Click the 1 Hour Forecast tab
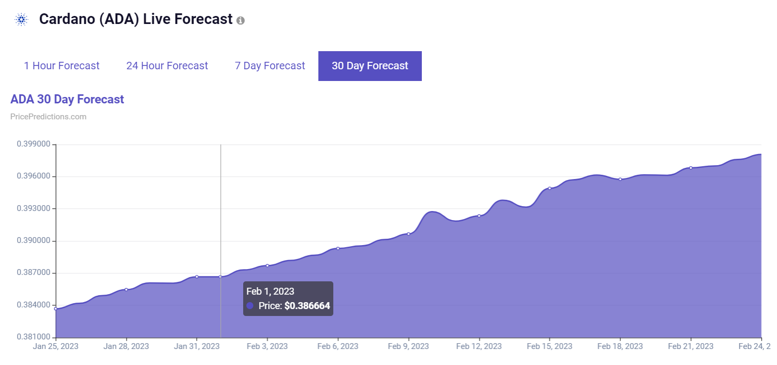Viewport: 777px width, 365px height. pos(61,66)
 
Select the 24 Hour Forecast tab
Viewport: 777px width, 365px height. pos(167,66)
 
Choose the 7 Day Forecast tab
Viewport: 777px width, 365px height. pos(270,66)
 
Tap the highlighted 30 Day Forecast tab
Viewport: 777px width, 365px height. pos(370,66)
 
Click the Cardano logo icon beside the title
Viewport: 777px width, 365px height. pos(21,20)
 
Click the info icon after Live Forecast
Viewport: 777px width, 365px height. pos(241,21)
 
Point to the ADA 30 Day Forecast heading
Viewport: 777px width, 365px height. pos(67,100)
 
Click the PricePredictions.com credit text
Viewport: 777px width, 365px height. pos(48,117)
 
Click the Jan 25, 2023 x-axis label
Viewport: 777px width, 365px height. pos(55,346)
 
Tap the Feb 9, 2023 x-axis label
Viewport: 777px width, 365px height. pos(408,346)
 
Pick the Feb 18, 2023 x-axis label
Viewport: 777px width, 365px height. pos(620,346)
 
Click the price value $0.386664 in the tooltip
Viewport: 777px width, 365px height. pos(307,306)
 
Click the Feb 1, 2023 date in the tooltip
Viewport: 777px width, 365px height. pos(270,291)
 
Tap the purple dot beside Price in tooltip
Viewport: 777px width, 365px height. pos(250,306)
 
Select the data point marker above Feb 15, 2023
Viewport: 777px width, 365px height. pos(549,188)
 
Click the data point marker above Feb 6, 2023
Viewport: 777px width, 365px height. pos(338,248)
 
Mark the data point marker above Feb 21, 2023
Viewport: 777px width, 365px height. pos(691,168)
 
